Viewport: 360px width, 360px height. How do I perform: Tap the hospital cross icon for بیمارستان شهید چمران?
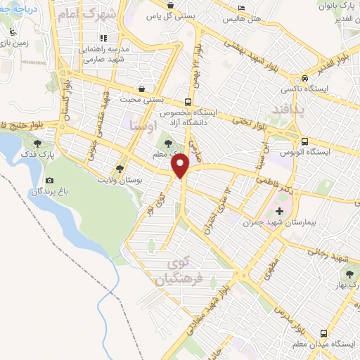point(280,210)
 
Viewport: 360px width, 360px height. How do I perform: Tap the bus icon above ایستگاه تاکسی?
point(304,78)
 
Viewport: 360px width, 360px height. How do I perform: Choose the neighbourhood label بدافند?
point(287,112)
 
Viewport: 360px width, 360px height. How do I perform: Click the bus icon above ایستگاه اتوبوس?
point(303,140)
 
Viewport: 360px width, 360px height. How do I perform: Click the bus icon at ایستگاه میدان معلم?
point(323,333)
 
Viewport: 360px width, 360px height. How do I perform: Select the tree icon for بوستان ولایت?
point(120,168)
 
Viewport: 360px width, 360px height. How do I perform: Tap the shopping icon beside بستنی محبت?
point(143,89)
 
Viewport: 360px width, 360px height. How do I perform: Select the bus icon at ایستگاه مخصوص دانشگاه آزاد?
point(187,101)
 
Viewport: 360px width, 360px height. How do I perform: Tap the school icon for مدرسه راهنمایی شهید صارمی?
point(103,38)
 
